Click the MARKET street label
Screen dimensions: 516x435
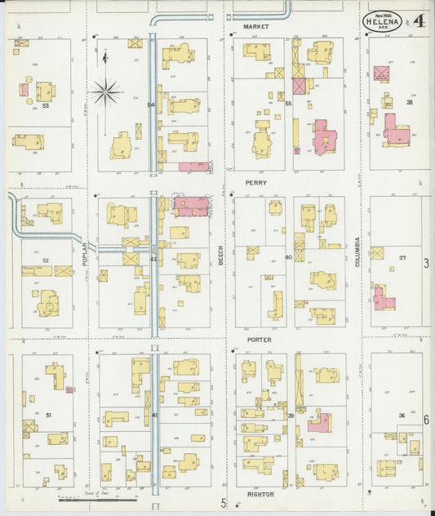pyautogui.click(x=255, y=27)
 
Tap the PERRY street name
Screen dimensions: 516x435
pyautogui.click(x=255, y=184)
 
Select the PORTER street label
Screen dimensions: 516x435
pyautogui.click(x=259, y=339)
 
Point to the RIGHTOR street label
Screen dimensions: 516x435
pyautogui.click(x=260, y=495)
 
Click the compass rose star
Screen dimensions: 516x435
pyautogui.click(x=105, y=91)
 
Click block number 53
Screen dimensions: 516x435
pyautogui.click(x=46, y=105)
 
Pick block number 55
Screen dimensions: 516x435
pyautogui.click(x=288, y=104)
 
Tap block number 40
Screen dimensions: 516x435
pyautogui.click(x=288, y=258)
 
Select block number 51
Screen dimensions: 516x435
pyautogui.click(x=49, y=416)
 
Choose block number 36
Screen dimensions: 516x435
pyautogui.click(x=401, y=416)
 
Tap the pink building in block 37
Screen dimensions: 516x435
pyautogui.click(x=382, y=298)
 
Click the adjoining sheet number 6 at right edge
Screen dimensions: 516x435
pyautogui.click(x=426, y=418)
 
